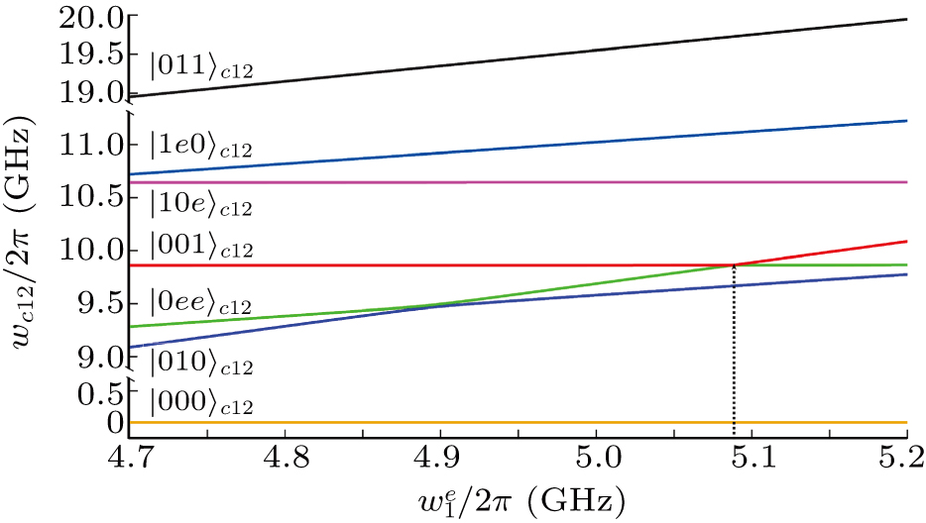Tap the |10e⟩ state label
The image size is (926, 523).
[x=201, y=205]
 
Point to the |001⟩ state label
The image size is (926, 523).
[x=201, y=247]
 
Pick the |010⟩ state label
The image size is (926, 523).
[x=201, y=365]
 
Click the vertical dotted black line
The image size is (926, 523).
[x=734, y=357]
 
